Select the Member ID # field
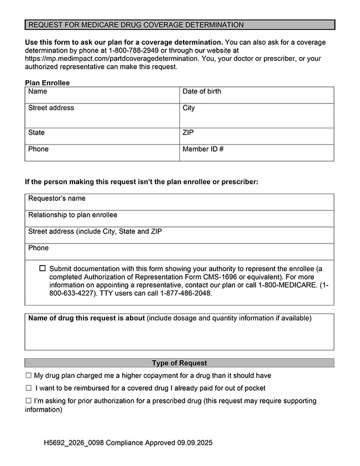coord(257,153)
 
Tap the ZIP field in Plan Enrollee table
coord(257,137)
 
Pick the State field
coord(102,137)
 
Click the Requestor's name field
coord(179,203)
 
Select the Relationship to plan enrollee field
coord(179,219)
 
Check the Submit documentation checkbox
coord(43,268)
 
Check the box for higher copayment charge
coord(28,376)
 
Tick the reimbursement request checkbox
coord(28,389)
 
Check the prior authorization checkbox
coord(28,401)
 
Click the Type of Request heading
coord(179,363)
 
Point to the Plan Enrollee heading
coord(48,83)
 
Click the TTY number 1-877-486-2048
coord(186,293)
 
